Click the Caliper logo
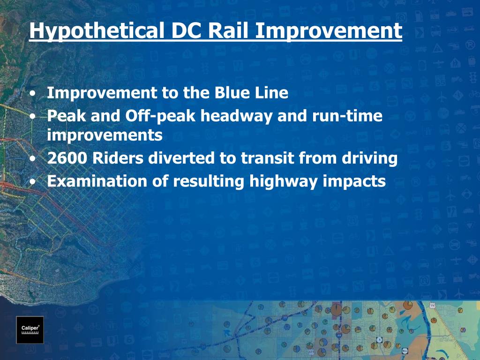tap(30, 330)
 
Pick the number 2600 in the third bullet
tap(67, 158)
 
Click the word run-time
tap(347, 116)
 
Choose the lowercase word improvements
tap(105, 135)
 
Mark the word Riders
tap(118, 158)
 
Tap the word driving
tap(369, 158)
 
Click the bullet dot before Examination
tap(33, 181)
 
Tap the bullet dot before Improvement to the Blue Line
tap(33, 93)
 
